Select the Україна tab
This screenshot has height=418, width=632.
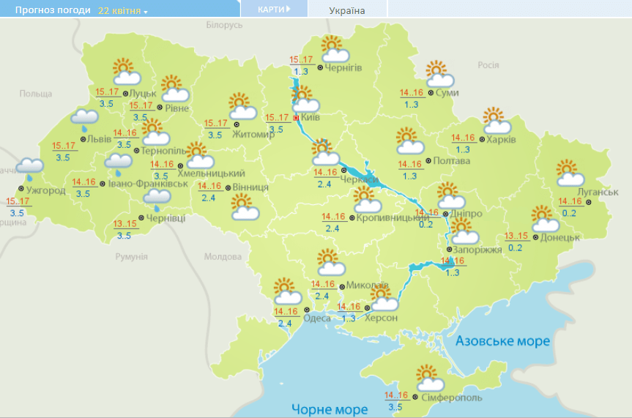point(347,10)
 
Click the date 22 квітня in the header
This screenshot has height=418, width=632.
point(122,11)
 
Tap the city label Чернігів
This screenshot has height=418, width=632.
point(343,68)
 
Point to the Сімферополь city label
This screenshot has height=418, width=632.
point(452,398)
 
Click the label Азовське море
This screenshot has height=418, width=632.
point(502,342)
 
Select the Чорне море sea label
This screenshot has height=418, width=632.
point(329,408)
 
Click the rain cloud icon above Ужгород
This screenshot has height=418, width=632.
point(29,168)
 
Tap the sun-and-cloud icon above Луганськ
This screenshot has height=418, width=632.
point(570,173)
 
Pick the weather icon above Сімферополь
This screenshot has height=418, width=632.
point(430,378)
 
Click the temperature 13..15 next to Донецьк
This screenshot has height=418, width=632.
point(516,236)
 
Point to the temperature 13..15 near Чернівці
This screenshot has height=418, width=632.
point(126,224)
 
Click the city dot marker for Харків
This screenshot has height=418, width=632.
point(480,139)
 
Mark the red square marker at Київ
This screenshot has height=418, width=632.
point(296,117)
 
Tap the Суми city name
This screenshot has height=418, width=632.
point(447,93)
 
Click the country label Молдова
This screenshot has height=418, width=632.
point(223,257)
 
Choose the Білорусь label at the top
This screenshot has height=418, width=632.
point(224,25)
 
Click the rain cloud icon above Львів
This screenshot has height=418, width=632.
point(85,119)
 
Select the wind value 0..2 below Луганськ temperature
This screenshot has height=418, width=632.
point(568,213)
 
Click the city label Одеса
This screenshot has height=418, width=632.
point(316,318)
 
